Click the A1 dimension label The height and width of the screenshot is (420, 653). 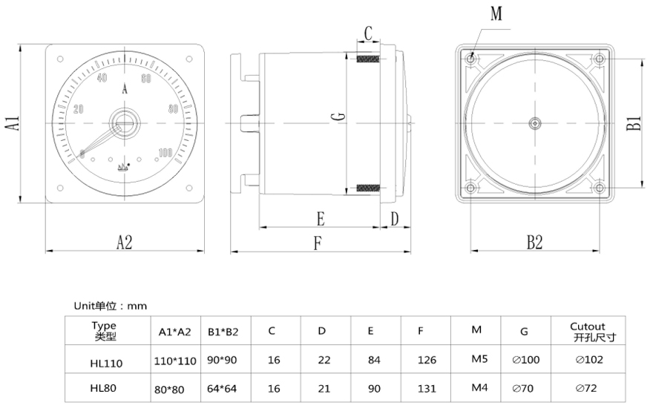[13, 122]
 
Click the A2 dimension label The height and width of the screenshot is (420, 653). [124, 242]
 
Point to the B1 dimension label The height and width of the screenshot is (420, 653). [633, 123]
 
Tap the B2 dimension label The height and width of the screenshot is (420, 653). [534, 242]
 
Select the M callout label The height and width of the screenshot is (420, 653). [496, 13]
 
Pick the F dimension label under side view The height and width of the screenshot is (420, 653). [318, 243]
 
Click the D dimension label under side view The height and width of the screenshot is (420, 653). [394, 219]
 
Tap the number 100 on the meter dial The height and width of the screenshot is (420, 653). [165, 153]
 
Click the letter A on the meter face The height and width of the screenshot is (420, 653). [125, 90]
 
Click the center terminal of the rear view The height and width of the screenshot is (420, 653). [534, 122]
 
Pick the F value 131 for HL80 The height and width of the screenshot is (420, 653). [420, 387]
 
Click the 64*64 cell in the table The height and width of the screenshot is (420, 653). [222, 387]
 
